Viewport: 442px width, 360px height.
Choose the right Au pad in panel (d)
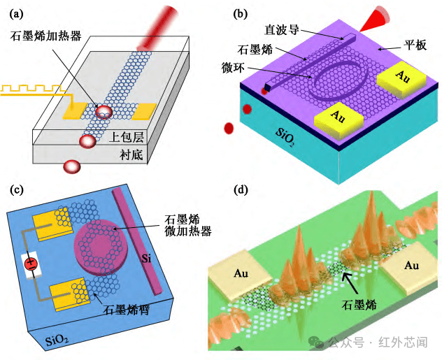coord(411,265)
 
